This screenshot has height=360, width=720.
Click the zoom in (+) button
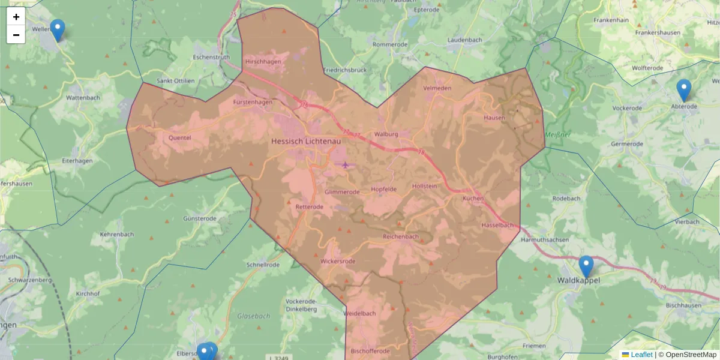16,17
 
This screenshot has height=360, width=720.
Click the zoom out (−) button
16,35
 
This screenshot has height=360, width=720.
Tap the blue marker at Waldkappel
586,266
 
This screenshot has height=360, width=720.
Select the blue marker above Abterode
683,90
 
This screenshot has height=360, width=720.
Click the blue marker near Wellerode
57,30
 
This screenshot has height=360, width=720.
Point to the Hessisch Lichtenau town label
306,141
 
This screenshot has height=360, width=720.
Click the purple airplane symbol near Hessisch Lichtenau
345,164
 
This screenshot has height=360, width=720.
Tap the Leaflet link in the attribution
641,355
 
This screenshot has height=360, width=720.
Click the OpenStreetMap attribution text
691,355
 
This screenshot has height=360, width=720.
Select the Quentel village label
180,137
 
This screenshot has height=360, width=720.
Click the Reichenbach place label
401,236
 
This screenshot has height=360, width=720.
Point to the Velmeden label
437,88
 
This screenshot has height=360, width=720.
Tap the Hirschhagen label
263,62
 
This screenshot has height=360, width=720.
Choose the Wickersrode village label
338,262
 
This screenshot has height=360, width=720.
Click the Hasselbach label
497,226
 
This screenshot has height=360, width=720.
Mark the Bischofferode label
370,351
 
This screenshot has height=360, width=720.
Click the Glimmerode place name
342,192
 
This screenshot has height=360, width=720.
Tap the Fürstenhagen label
253,102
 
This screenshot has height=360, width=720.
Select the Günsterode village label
200,219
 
